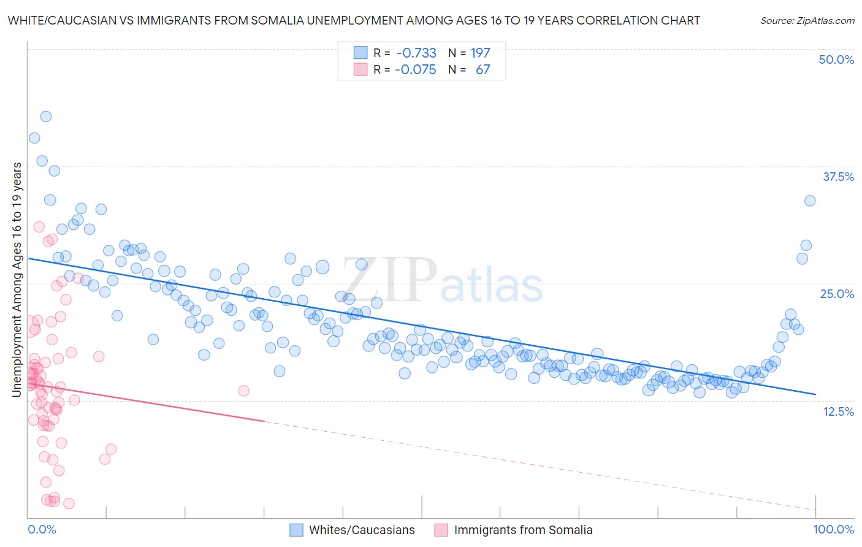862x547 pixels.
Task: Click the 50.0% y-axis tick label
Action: pyautogui.click(x=836, y=59)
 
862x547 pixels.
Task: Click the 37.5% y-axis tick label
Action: pyautogui.click(x=838, y=177)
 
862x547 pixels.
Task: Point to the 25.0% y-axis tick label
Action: pyautogui.click(x=837, y=294)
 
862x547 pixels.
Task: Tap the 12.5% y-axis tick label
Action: pyautogui.click(x=838, y=411)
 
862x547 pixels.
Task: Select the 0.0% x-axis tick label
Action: pyautogui.click(x=42, y=529)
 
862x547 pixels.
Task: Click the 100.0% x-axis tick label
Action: pyautogui.click(x=833, y=529)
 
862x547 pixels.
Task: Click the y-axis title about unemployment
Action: pyautogui.click(x=17, y=279)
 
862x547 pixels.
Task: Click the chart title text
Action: pyautogui.click(x=354, y=20)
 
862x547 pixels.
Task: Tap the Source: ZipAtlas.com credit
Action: pyautogui.click(x=807, y=20)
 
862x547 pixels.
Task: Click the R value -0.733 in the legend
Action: pyautogui.click(x=416, y=53)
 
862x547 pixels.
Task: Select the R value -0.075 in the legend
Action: pyautogui.click(x=416, y=69)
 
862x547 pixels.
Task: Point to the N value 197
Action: pyautogui.click(x=480, y=53)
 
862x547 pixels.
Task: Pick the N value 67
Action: pyautogui.click(x=482, y=69)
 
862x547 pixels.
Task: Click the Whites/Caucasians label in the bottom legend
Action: pyautogui.click(x=362, y=530)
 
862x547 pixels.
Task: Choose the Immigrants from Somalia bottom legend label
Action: pyautogui.click(x=523, y=530)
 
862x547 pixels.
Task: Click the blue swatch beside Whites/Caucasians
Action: pyautogui.click(x=296, y=530)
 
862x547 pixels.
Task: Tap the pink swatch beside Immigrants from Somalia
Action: pyautogui.click(x=441, y=530)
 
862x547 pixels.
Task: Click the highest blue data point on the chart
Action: pyautogui.click(x=45, y=117)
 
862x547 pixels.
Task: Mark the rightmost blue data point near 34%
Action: pyautogui.click(x=810, y=201)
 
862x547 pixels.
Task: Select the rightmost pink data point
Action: pyautogui.click(x=243, y=391)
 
